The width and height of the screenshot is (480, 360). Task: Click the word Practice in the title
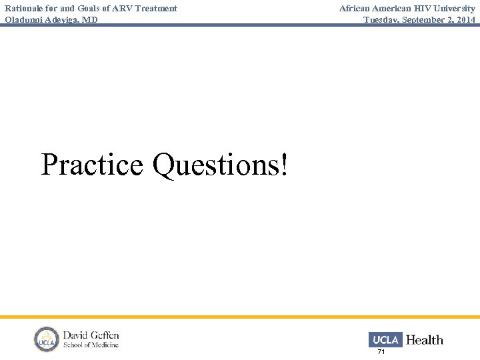[x=92, y=165]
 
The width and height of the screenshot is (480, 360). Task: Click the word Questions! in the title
[x=220, y=165]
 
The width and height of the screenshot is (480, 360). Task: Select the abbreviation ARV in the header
[x=113, y=8]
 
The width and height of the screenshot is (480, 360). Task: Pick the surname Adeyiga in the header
[x=63, y=19]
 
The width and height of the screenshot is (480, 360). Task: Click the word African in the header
[x=356, y=8]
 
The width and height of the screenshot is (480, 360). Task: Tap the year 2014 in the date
[x=466, y=19]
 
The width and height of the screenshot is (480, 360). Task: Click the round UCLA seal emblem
[x=47, y=339]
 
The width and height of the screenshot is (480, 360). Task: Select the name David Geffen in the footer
[x=91, y=335]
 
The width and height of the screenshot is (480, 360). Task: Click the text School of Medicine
[x=91, y=345]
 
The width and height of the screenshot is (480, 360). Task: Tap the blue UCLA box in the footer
[x=385, y=340]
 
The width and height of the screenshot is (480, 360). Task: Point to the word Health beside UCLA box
[x=425, y=340]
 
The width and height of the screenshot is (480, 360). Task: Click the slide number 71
[x=381, y=351]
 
